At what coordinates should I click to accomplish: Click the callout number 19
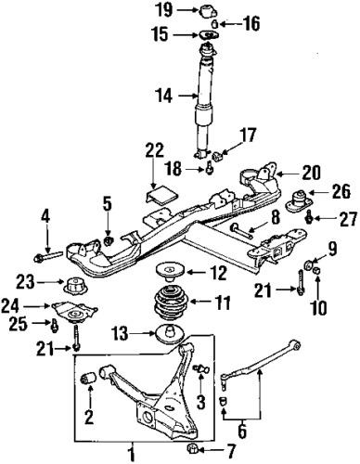tap(164, 10)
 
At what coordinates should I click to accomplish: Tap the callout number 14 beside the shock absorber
tap(164, 96)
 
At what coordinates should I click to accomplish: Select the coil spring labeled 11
tap(171, 303)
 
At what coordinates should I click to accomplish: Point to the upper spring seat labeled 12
tap(169, 271)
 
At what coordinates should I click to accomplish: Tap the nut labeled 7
tap(193, 447)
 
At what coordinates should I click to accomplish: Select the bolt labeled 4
tap(48, 256)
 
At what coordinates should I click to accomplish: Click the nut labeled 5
tap(109, 240)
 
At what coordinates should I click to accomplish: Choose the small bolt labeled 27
tap(308, 218)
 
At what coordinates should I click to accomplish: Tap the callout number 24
tap(10, 306)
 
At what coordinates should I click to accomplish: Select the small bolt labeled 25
tap(55, 325)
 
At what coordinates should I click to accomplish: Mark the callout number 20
tap(312, 174)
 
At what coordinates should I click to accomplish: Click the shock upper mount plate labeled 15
tap(208, 35)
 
